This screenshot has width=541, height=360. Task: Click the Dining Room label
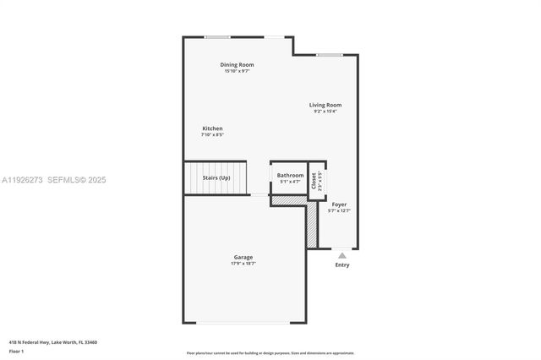tap(237, 65)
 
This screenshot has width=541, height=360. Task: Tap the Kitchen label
tap(212, 128)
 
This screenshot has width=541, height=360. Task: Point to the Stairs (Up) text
tap(216, 177)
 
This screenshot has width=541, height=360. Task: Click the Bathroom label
tap(290, 175)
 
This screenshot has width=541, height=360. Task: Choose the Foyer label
tap(339, 205)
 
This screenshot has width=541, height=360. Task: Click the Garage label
tap(243, 257)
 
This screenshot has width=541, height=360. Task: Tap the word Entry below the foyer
tap(342, 265)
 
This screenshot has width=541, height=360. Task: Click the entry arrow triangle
tap(342, 254)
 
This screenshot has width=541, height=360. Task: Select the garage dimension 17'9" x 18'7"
tap(243, 264)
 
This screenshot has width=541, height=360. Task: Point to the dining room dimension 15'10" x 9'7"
tap(237, 71)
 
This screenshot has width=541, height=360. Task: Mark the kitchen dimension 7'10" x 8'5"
tap(212, 135)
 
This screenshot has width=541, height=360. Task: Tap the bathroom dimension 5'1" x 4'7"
tap(290, 182)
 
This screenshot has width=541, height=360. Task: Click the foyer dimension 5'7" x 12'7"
tap(339, 211)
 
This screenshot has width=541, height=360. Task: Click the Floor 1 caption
tap(16, 351)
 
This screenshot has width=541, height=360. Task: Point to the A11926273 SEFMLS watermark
tap(53, 179)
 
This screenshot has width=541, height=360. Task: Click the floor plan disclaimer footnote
tap(270, 353)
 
